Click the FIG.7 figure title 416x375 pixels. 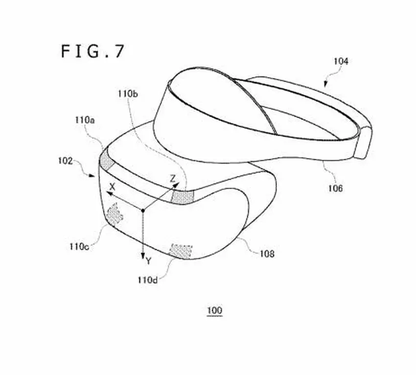tap(92, 51)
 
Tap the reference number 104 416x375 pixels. tap(341, 62)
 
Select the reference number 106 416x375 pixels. tap(335, 188)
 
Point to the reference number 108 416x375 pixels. tap(267, 254)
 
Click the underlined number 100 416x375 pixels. tap(214, 310)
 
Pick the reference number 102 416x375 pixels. tap(65, 161)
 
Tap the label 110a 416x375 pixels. tap(85, 120)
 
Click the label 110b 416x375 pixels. tap(128, 94)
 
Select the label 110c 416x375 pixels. tap(79, 247)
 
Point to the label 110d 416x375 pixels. tap(147, 280)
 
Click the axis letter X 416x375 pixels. tap(113, 187)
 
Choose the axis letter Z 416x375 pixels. tap(173, 179)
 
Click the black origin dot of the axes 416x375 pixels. tap(143, 211)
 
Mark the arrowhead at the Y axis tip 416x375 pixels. tap(143, 257)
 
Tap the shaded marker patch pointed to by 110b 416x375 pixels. tap(183, 197)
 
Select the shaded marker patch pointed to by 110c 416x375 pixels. tap(115, 214)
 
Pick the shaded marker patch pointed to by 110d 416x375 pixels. tap(181, 251)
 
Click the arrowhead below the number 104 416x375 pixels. tap(325, 85)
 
